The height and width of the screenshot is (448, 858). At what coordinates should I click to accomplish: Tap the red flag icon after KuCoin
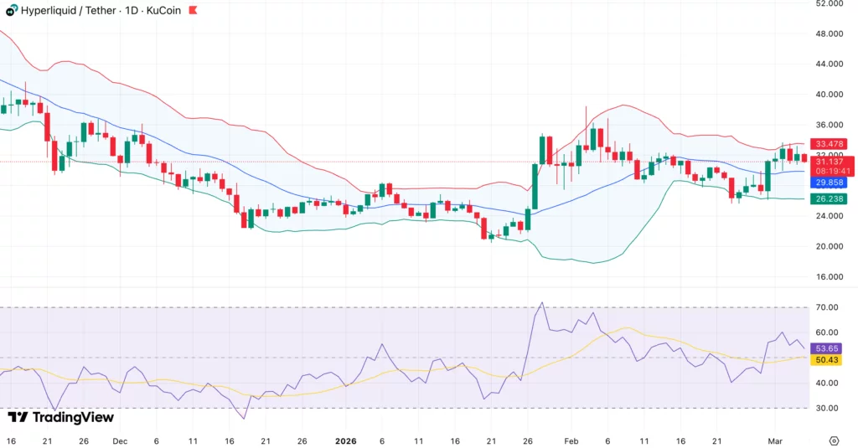[x=194, y=10]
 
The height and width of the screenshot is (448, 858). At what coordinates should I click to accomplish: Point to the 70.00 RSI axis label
[x=828, y=308]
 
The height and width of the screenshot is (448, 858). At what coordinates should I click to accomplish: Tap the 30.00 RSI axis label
[x=828, y=408]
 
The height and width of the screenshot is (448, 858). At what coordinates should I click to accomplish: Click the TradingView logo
[x=60, y=417]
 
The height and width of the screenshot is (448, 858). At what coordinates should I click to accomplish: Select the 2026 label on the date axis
[x=345, y=440]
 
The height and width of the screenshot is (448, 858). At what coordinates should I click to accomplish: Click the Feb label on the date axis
[x=571, y=440]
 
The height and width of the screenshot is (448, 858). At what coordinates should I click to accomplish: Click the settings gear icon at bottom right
[x=834, y=440]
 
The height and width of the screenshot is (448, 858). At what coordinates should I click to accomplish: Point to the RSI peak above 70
[x=542, y=303]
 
